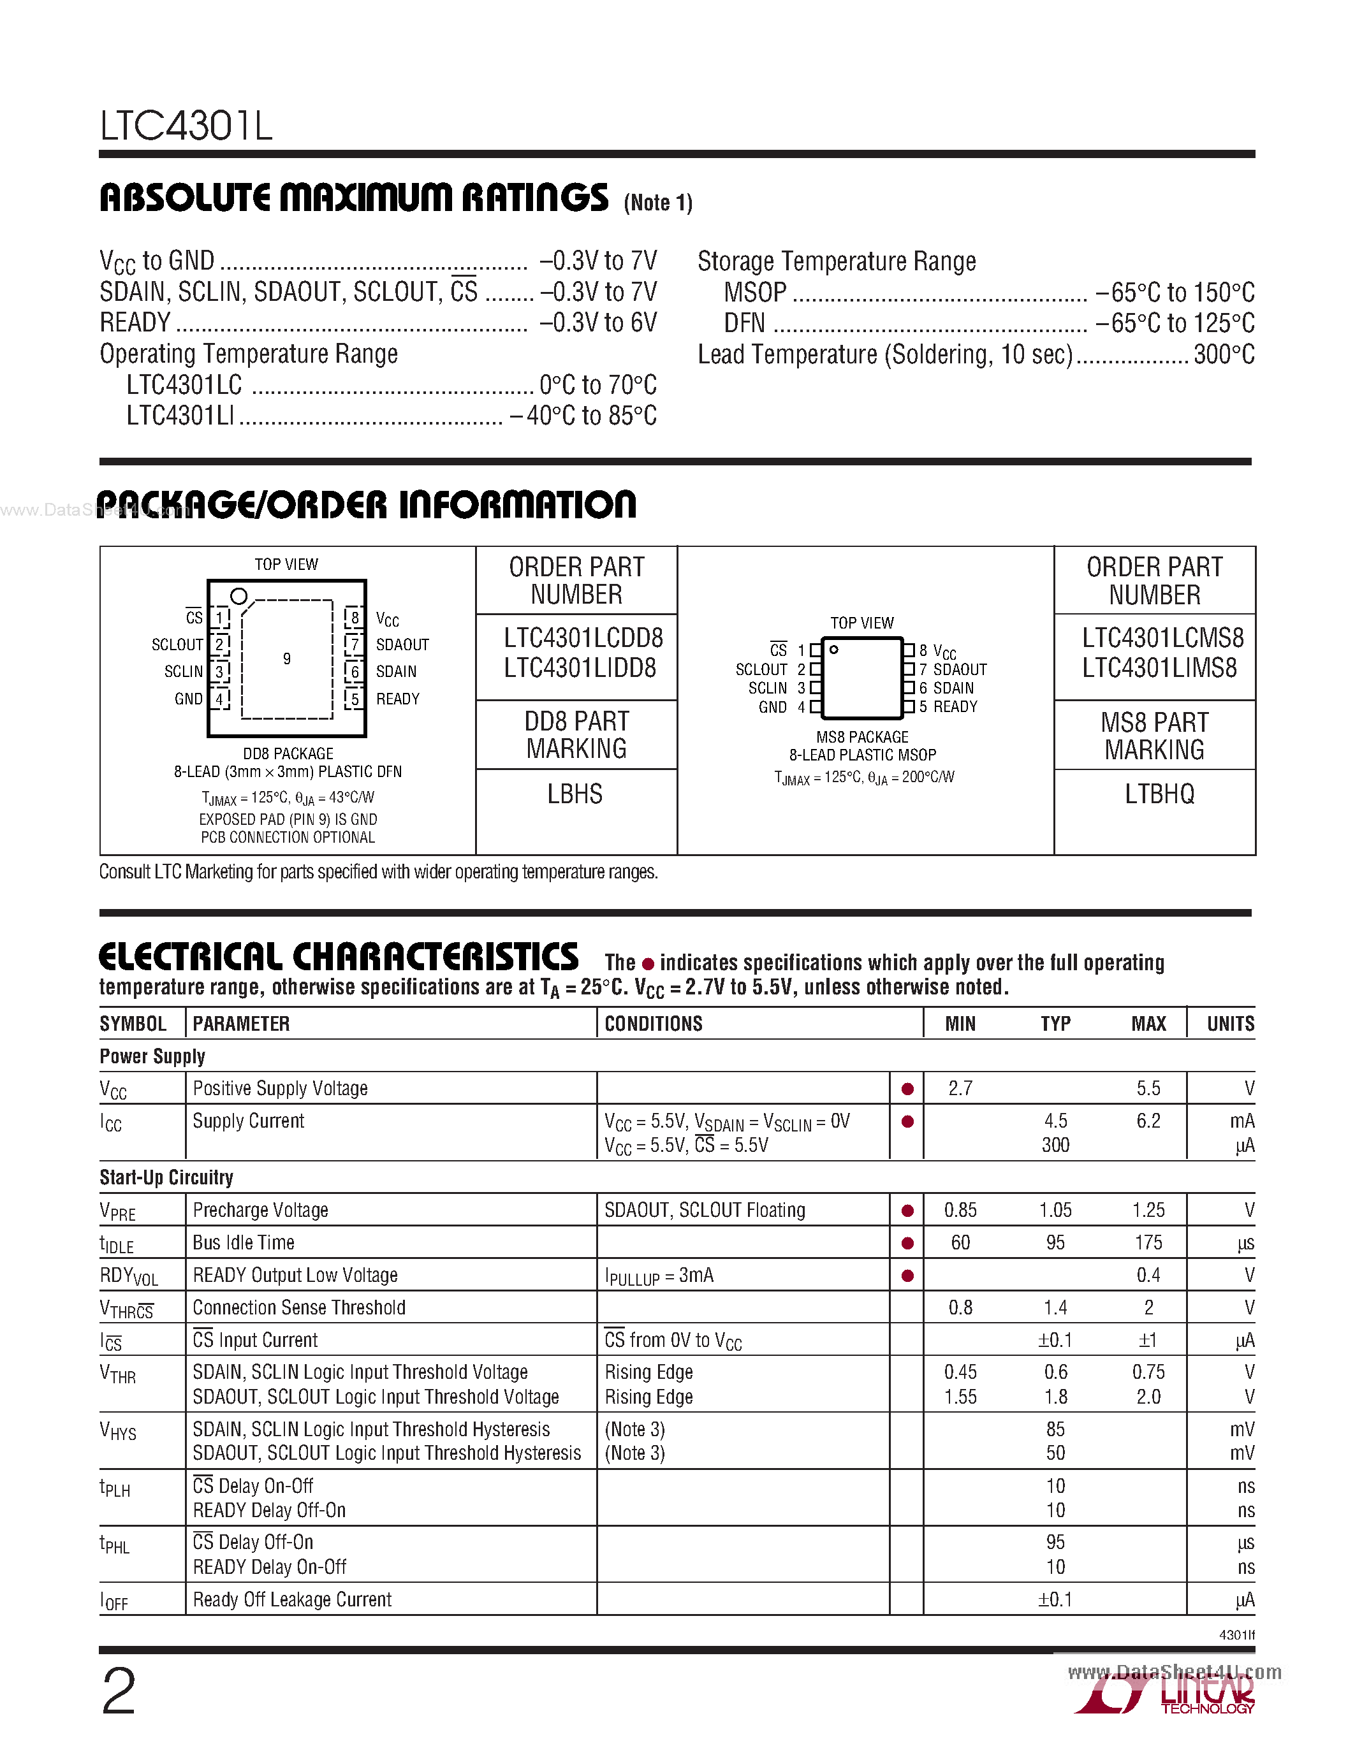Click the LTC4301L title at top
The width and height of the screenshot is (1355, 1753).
pos(186,126)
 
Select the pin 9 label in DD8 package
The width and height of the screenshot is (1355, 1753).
pos(286,659)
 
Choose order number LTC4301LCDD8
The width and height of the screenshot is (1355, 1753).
pos(583,638)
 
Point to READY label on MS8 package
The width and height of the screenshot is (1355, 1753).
pos(955,707)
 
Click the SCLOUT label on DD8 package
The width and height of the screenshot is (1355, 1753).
pos(177,644)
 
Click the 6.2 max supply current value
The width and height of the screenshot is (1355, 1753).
pos(1148,1121)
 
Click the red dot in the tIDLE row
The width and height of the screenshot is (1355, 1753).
pos(907,1243)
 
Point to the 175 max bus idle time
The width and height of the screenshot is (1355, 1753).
pos(1148,1243)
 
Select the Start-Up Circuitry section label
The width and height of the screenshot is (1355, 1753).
pos(166,1177)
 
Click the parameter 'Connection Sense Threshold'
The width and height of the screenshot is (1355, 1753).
pos(298,1307)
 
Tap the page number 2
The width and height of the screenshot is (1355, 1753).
pos(119,1691)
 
